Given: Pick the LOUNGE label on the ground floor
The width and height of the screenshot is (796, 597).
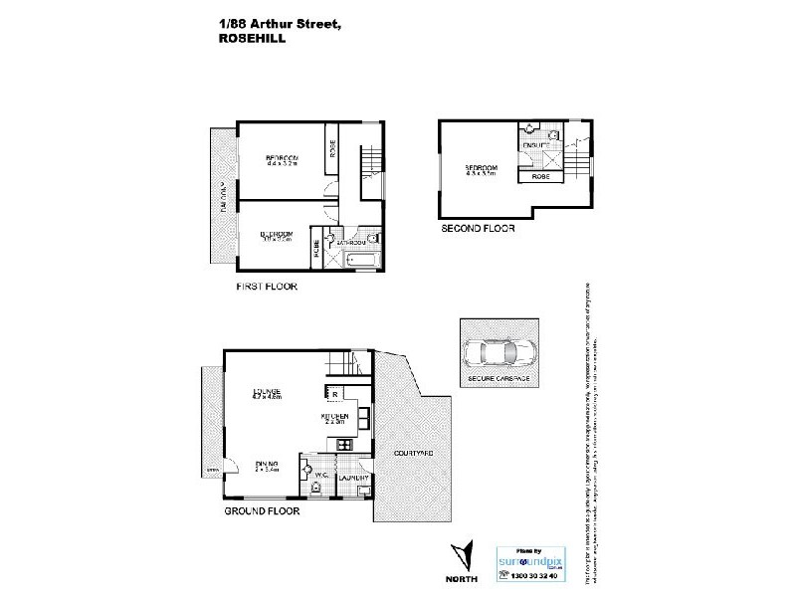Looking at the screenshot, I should (268, 390).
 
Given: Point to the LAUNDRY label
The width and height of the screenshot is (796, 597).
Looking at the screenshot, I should (354, 479).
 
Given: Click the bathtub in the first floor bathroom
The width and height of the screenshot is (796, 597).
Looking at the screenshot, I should (361, 262).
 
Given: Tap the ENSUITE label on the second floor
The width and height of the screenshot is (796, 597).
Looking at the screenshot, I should (535, 146).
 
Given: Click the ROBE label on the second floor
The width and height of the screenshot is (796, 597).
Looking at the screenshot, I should (541, 176).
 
